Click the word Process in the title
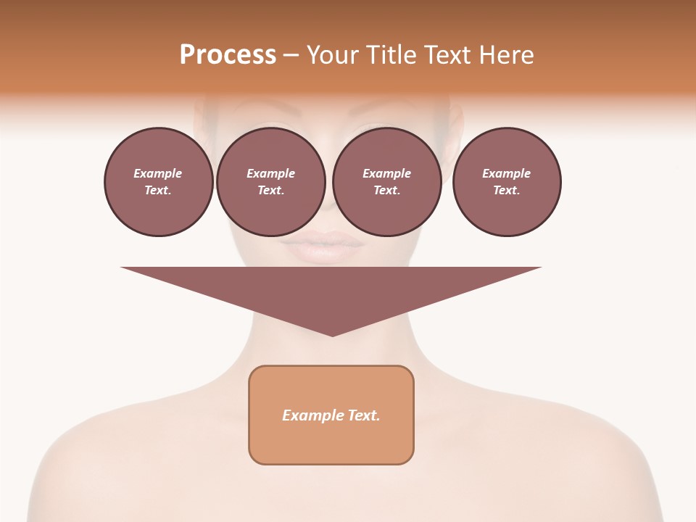[x=228, y=55]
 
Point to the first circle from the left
[x=158, y=182]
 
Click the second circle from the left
[x=270, y=182]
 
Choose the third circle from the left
[x=386, y=182]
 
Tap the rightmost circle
[x=506, y=182]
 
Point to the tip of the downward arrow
[x=332, y=334]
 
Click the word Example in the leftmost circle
[x=158, y=173]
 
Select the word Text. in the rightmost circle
[x=506, y=190]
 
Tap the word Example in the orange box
[x=312, y=415]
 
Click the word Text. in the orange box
[x=364, y=415]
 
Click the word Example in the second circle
[x=270, y=173]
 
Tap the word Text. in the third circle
[x=386, y=190]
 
